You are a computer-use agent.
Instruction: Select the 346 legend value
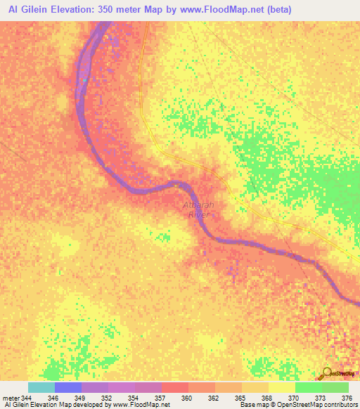pos(53,398)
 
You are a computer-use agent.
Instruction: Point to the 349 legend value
pos(79,398)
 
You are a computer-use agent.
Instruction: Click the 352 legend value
pos(106,398)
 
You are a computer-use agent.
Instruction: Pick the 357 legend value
pos(160,398)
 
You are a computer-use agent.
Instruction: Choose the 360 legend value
pos(186,398)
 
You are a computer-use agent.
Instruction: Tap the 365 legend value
pos(240,398)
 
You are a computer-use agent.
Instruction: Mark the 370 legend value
pos(293,398)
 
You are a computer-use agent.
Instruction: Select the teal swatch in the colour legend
pos(41,387)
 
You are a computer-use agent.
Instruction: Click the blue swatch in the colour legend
pos(67,387)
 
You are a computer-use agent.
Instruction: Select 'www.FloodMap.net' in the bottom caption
pos(146,405)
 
